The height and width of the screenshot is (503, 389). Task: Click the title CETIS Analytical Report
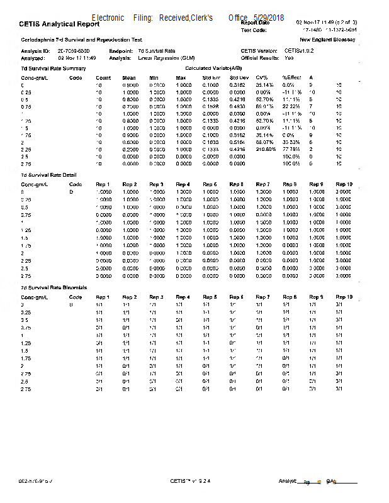click(60, 25)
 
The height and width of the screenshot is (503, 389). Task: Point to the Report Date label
click(256, 22)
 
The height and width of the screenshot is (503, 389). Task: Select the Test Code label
click(254, 30)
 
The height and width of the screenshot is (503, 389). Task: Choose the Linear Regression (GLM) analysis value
click(166, 57)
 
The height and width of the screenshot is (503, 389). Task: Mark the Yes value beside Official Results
click(289, 57)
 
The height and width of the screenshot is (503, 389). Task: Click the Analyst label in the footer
click(287, 481)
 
